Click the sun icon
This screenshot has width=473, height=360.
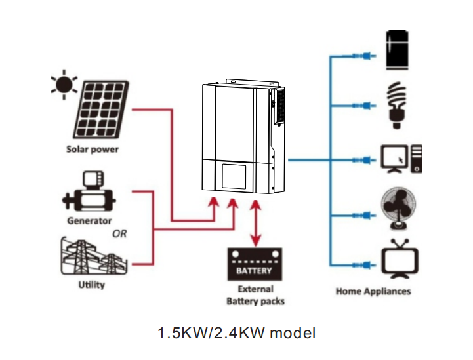[64, 87]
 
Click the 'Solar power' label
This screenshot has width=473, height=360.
[93, 149]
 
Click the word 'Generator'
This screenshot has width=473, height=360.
[89, 221]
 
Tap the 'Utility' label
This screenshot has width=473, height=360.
[91, 285]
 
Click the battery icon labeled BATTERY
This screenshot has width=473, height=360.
[254, 264]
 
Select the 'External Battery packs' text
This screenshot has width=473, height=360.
[255, 295]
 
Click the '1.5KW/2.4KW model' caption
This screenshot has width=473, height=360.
[236, 333]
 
